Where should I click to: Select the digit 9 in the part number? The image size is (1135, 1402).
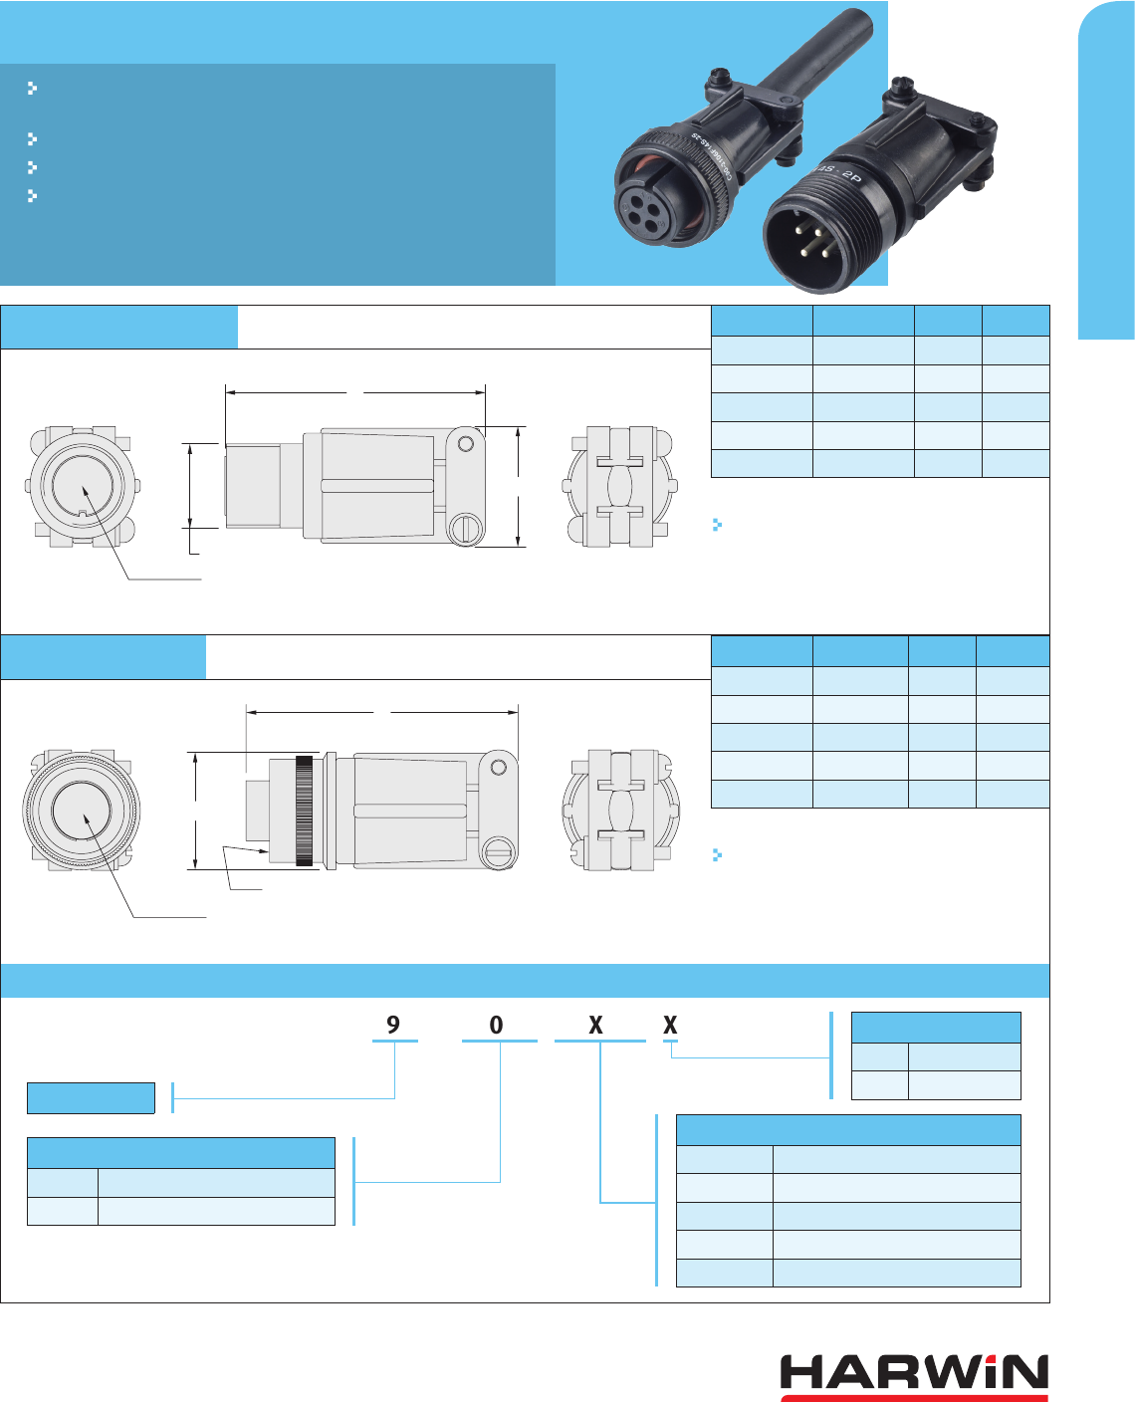(x=393, y=1025)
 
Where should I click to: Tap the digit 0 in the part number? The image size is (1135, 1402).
(x=497, y=1025)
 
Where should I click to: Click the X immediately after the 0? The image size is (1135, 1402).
(x=595, y=1025)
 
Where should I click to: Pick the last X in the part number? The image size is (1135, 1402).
(x=670, y=1025)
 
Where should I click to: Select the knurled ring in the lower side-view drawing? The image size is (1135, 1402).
(x=304, y=811)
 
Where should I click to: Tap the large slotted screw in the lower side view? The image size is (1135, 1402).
(x=497, y=852)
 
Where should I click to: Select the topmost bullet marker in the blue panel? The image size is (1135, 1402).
(x=32, y=88)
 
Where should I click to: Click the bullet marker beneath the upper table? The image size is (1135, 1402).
(x=717, y=525)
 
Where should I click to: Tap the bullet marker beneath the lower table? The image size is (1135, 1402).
(x=717, y=854)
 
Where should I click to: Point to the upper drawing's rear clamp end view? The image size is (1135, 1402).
(x=620, y=487)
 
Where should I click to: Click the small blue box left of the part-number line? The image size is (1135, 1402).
(x=91, y=1097)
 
